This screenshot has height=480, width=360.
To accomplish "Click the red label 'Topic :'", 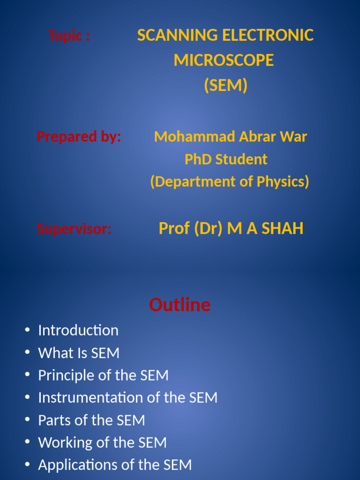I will [x=69, y=36].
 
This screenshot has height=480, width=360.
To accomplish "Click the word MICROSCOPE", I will [x=224, y=60].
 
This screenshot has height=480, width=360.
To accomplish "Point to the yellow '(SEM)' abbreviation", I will [x=225, y=85].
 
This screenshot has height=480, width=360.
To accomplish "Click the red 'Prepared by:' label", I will [x=79, y=137].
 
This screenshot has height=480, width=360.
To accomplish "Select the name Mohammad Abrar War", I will [x=230, y=137].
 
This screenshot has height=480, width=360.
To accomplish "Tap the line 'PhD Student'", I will [x=225, y=159].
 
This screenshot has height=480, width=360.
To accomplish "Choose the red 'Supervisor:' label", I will [x=74, y=229].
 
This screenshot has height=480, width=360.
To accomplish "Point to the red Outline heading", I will [x=180, y=305].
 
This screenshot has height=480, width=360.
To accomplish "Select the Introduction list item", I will [x=78, y=330].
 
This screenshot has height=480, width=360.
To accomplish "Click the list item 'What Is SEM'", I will [x=79, y=353].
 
